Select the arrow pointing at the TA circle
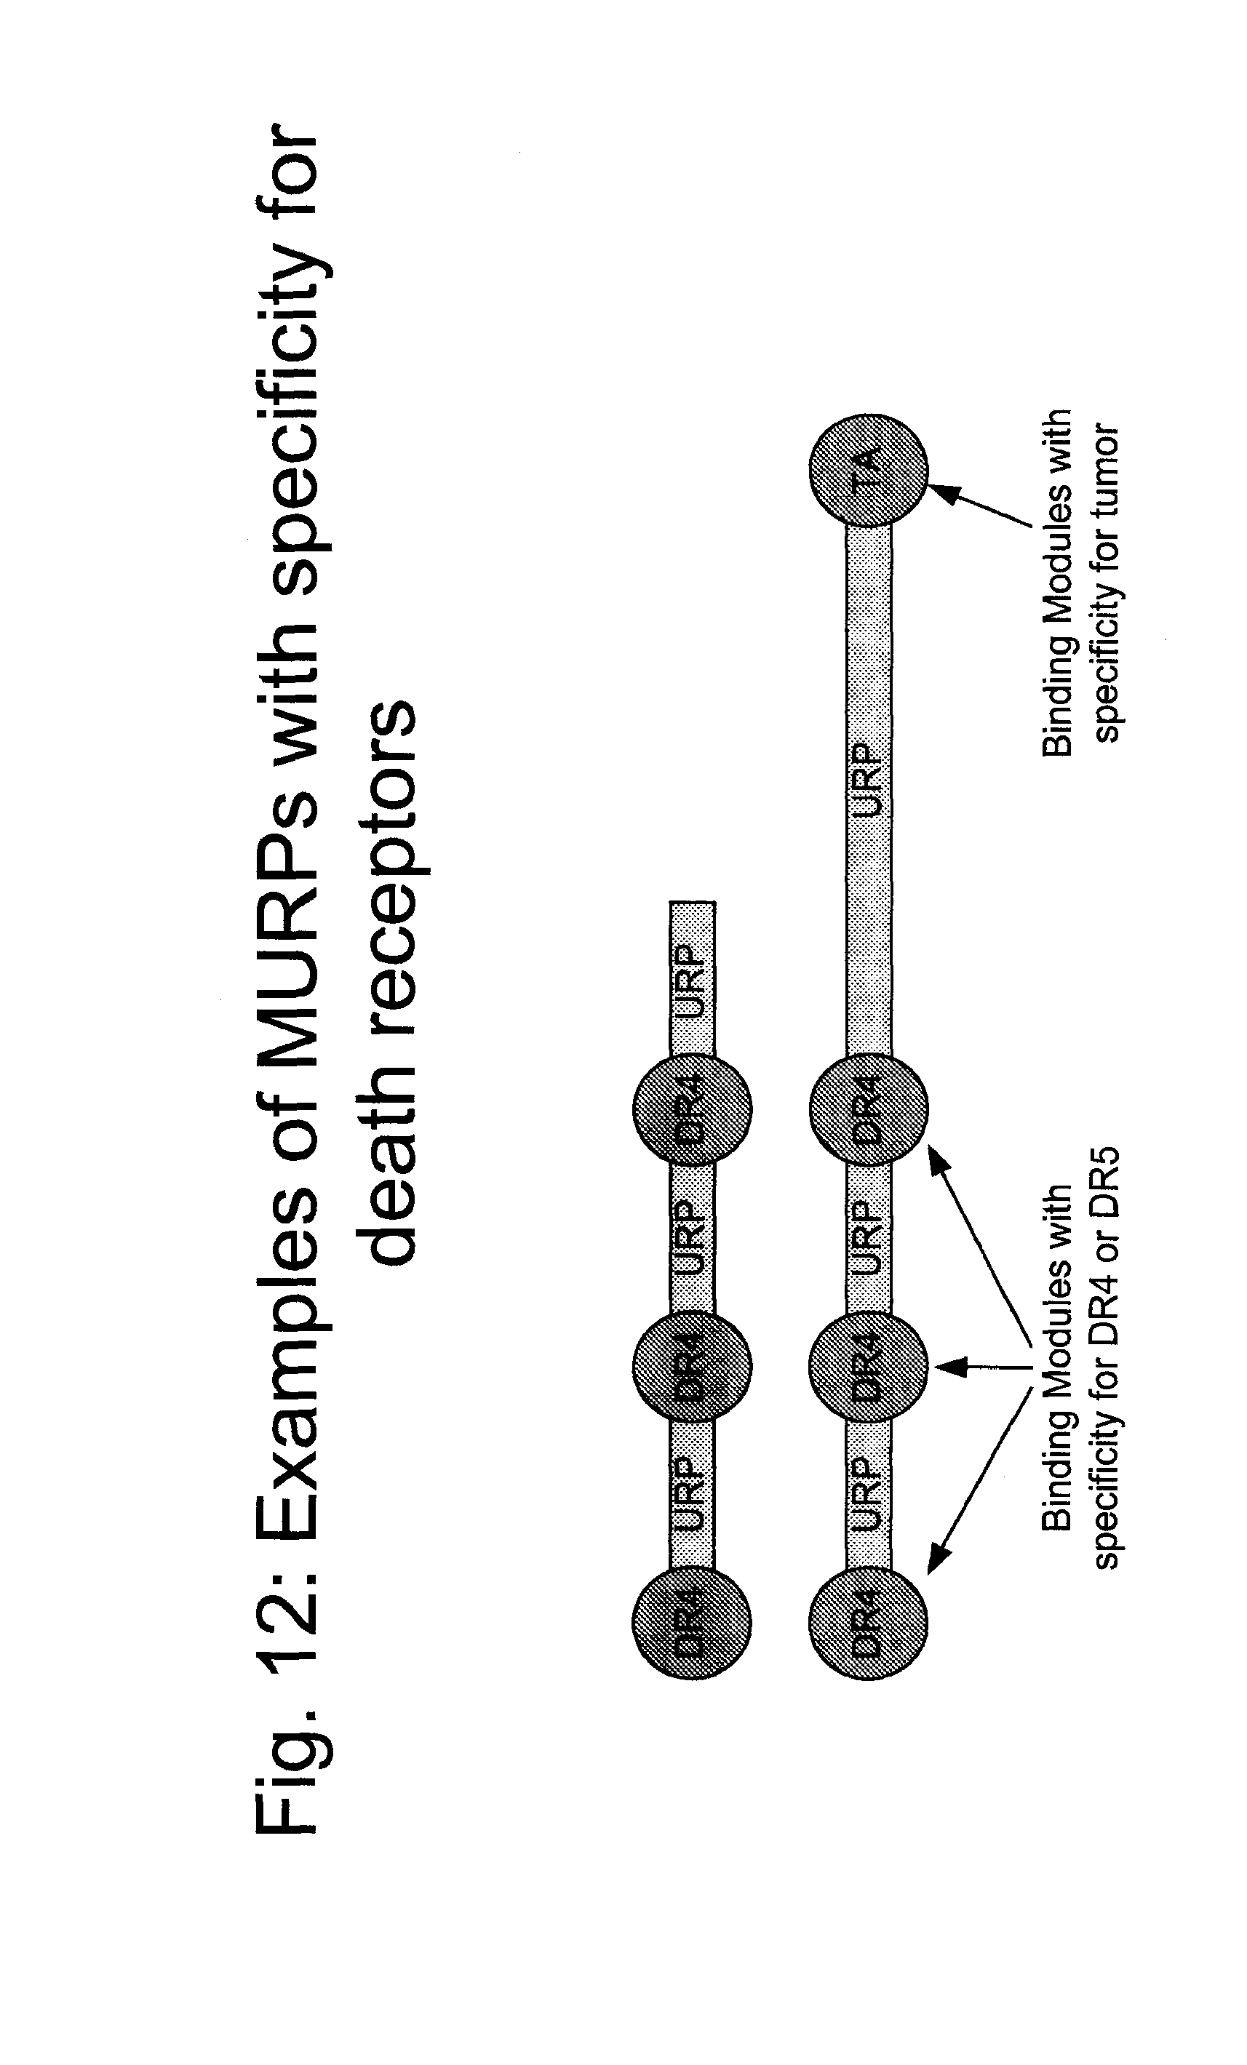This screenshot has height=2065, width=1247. point(980,506)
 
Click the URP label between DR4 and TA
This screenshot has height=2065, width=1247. point(868,780)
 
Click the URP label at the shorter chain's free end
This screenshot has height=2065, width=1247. point(691,981)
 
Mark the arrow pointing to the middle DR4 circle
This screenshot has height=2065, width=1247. point(981,1367)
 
